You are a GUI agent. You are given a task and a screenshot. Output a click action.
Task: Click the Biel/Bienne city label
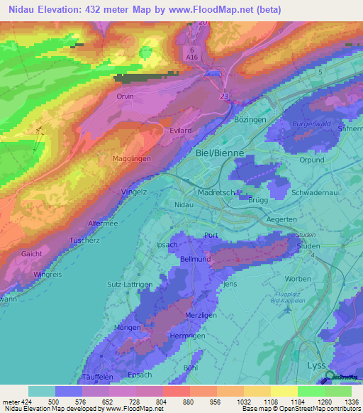(x=219, y=153)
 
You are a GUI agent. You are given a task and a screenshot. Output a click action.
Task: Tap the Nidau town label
(x=183, y=204)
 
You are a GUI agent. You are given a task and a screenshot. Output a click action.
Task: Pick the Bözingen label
(x=250, y=120)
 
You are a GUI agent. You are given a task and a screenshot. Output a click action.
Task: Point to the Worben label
(x=298, y=278)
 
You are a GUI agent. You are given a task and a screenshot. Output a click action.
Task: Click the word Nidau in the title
(x=24, y=10)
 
